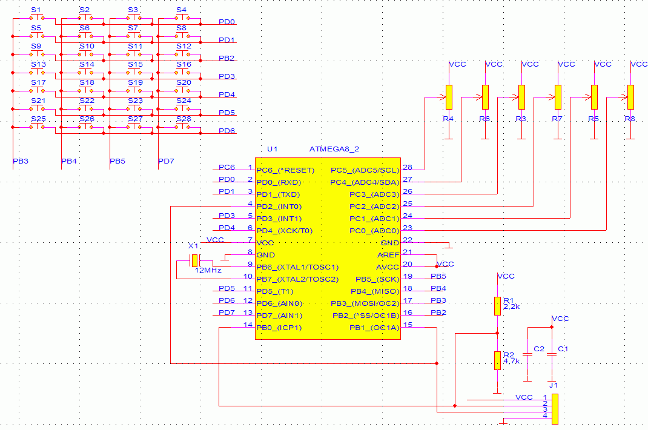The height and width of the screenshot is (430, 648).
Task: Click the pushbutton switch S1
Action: (x=37, y=18)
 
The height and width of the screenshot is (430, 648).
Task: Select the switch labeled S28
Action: (x=182, y=127)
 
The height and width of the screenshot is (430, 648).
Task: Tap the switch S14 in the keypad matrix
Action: (x=85, y=72)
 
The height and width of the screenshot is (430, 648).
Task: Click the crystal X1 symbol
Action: (x=194, y=260)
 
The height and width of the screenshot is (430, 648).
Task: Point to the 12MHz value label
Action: (x=208, y=270)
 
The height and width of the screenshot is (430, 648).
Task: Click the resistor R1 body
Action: (x=498, y=306)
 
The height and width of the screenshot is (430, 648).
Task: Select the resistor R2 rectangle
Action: (x=498, y=360)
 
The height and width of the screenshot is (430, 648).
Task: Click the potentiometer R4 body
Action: (x=449, y=97)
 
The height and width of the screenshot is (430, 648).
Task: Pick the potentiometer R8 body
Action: (x=630, y=97)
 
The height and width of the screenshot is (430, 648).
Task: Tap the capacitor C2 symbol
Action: (x=527, y=354)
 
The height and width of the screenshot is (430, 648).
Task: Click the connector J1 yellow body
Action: (x=555, y=409)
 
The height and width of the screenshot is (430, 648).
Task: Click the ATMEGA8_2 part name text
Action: (x=334, y=149)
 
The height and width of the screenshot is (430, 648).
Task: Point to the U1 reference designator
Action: (x=273, y=149)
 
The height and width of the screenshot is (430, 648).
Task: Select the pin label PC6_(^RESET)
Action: (x=285, y=170)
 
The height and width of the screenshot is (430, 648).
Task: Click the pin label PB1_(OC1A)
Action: (x=374, y=328)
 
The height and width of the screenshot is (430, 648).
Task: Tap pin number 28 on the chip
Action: (x=408, y=167)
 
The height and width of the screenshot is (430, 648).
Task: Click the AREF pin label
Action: (x=388, y=255)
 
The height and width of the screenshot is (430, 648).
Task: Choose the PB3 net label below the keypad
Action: (x=21, y=161)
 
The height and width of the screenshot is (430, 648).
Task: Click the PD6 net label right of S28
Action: (x=227, y=131)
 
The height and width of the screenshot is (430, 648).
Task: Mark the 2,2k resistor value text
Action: (x=512, y=307)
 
